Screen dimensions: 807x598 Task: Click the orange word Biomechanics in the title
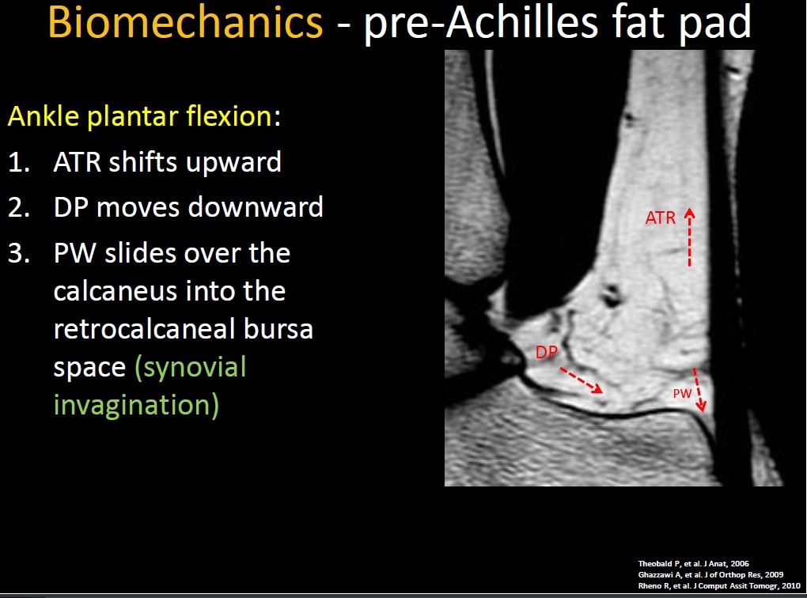pyautogui.click(x=185, y=24)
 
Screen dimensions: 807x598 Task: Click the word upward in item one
pyautogui.click(x=233, y=164)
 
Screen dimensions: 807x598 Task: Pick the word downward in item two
pyautogui.click(x=256, y=207)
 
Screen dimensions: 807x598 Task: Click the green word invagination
pyautogui.click(x=136, y=406)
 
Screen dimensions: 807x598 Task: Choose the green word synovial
pyautogui.click(x=191, y=369)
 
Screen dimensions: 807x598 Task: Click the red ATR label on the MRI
pyautogui.click(x=661, y=218)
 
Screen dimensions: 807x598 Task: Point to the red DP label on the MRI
pyautogui.click(x=547, y=353)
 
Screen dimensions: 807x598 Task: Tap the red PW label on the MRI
pyautogui.click(x=683, y=394)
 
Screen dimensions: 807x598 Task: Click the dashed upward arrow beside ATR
pyautogui.click(x=690, y=237)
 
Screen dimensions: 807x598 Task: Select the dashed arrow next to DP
pyautogui.click(x=581, y=380)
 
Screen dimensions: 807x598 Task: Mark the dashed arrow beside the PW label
pyautogui.click(x=699, y=390)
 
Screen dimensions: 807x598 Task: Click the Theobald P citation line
pyautogui.click(x=693, y=563)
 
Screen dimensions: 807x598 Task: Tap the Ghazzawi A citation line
pyautogui.click(x=710, y=575)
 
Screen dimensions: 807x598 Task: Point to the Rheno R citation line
pyautogui.click(x=719, y=585)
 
